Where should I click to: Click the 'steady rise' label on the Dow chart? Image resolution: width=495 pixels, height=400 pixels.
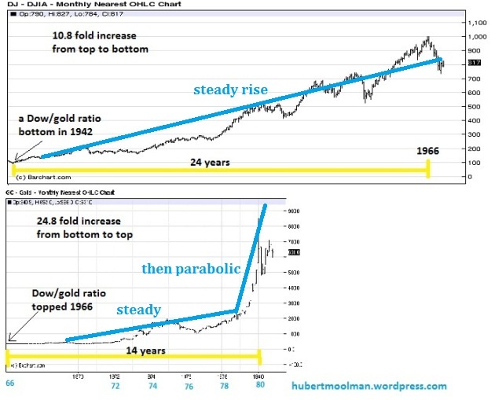pos(230,90)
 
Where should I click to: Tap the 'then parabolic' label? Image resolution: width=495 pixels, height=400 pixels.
pos(191,269)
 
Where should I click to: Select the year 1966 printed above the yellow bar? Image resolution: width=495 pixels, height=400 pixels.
pos(428,149)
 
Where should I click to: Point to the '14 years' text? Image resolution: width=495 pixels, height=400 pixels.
pos(135,350)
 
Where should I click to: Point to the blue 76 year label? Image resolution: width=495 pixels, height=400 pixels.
pos(187,387)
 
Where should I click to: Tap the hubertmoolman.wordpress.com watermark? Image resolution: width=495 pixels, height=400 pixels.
pos(368,386)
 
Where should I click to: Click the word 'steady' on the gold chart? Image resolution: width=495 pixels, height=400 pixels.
pos(140,310)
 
